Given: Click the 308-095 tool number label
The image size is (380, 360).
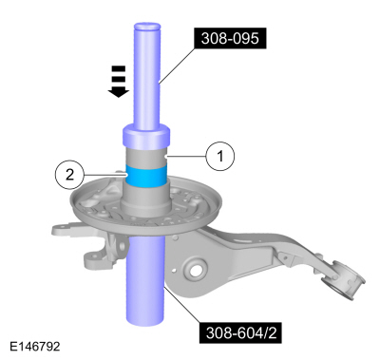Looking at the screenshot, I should pyautogui.click(x=231, y=39).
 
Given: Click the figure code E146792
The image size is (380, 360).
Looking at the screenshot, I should pyautogui.click(x=33, y=347).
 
